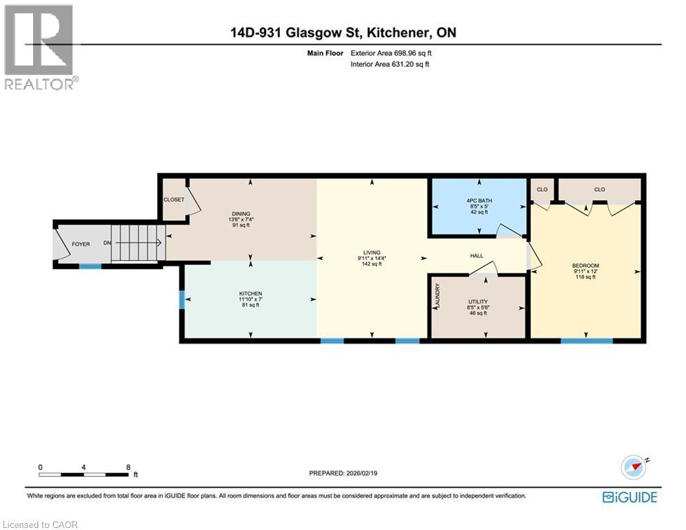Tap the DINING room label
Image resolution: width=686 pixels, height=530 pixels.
point(241,214)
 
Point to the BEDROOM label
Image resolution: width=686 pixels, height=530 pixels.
point(585,266)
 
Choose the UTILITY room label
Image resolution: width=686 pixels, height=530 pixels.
point(477,302)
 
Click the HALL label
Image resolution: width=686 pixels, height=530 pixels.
point(476,256)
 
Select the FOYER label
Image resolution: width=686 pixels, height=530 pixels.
point(81,244)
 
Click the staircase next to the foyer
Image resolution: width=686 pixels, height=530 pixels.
point(139,243)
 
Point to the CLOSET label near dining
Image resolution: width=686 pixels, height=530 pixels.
point(172,199)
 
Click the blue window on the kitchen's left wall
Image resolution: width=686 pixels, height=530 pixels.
point(181,300)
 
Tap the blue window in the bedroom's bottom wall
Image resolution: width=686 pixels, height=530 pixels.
point(586,340)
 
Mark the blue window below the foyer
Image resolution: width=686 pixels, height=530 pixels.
point(90,266)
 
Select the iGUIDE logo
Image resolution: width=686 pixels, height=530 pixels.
point(629,497)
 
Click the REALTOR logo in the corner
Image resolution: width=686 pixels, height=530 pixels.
point(39,47)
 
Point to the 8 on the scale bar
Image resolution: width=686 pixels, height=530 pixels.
point(128,467)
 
